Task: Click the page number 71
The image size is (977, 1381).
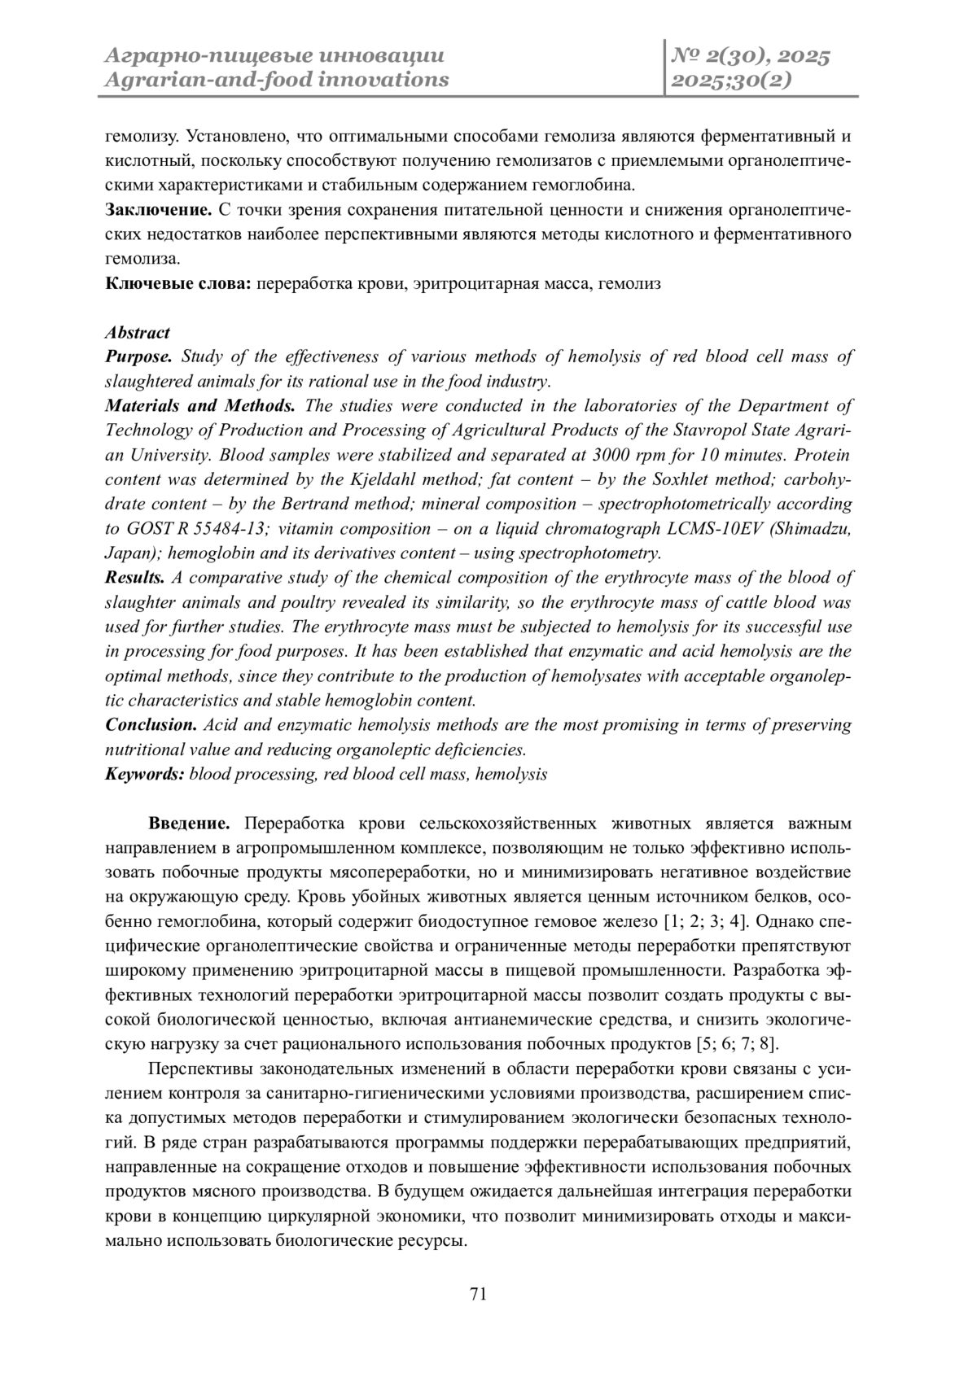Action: [479, 1295]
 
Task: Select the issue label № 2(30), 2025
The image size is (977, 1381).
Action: [750, 57]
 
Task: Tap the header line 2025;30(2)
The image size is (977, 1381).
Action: [729, 80]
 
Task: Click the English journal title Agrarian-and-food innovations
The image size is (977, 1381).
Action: [277, 80]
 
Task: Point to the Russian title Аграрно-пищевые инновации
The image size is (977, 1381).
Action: [275, 57]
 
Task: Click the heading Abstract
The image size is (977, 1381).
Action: [138, 332]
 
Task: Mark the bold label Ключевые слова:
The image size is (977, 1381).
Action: [180, 284]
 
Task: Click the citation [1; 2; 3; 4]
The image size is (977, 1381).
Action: [706, 921]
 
